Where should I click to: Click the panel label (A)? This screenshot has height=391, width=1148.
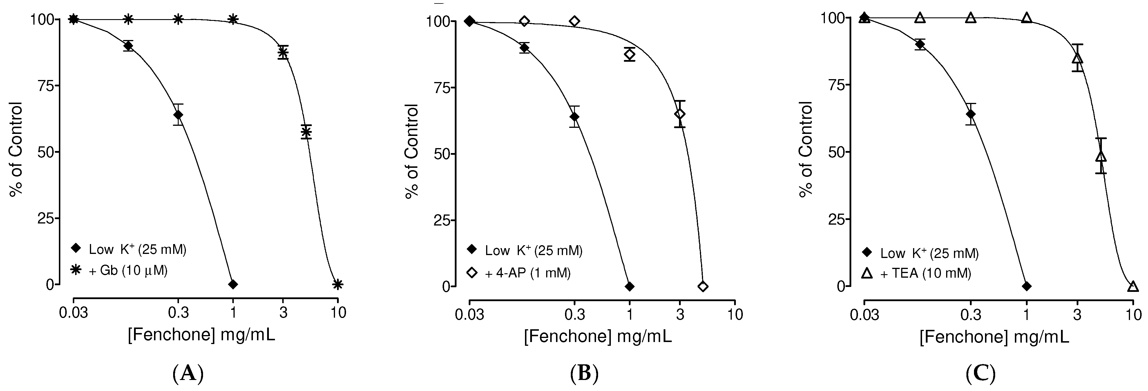[188, 373]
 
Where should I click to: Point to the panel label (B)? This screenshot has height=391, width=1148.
[584, 373]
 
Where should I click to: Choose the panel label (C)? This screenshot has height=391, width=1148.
[980, 373]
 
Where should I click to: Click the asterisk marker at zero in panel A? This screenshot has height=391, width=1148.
[338, 284]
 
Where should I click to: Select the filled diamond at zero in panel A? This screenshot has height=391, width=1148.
[233, 284]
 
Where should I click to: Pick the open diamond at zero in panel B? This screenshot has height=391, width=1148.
[703, 286]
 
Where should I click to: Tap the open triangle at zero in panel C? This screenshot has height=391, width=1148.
[1132, 286]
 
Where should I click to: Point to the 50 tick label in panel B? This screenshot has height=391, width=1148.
[442, 154]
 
